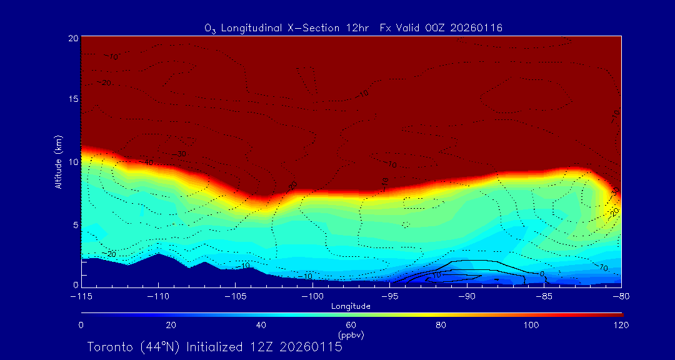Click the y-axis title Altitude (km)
coord(58,162)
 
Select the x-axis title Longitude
coord(351,306)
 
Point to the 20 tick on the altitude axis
coord(72,38)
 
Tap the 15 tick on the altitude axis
coord(72,99)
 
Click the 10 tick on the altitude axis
coord(72,162)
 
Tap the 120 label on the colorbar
coord(621,325)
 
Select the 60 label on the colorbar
coord(351,325)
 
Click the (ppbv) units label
coord(351,335)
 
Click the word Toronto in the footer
coord(109,347)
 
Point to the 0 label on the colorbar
coord(81,325)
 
